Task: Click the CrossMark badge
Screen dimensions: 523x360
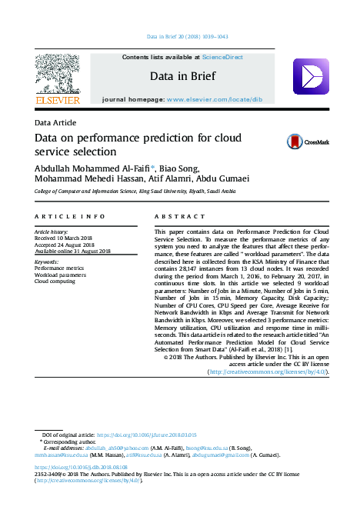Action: point(307,142)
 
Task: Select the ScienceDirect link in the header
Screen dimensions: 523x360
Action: point(223,57)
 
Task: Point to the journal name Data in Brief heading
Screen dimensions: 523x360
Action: point(182,75)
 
